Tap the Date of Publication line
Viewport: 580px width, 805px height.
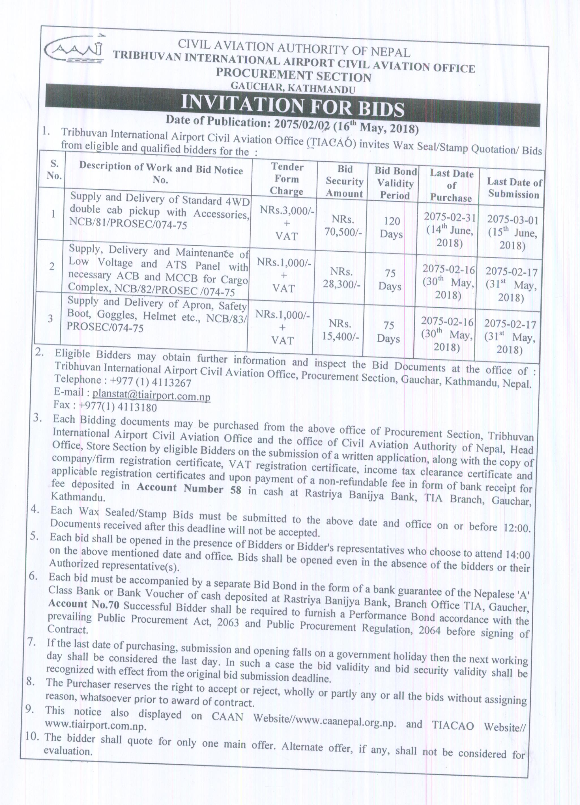[292, 124]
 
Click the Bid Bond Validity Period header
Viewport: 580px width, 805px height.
[395, 183]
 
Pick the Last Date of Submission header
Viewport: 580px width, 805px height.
[514, 188]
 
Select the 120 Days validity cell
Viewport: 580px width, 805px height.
[392, 228]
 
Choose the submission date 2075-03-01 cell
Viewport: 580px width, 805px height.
[513, 232]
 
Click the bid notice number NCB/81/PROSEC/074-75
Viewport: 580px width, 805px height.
[128, 225]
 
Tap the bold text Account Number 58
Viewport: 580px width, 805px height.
[189, 489]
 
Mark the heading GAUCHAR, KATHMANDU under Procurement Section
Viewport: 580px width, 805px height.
[293, 87]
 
